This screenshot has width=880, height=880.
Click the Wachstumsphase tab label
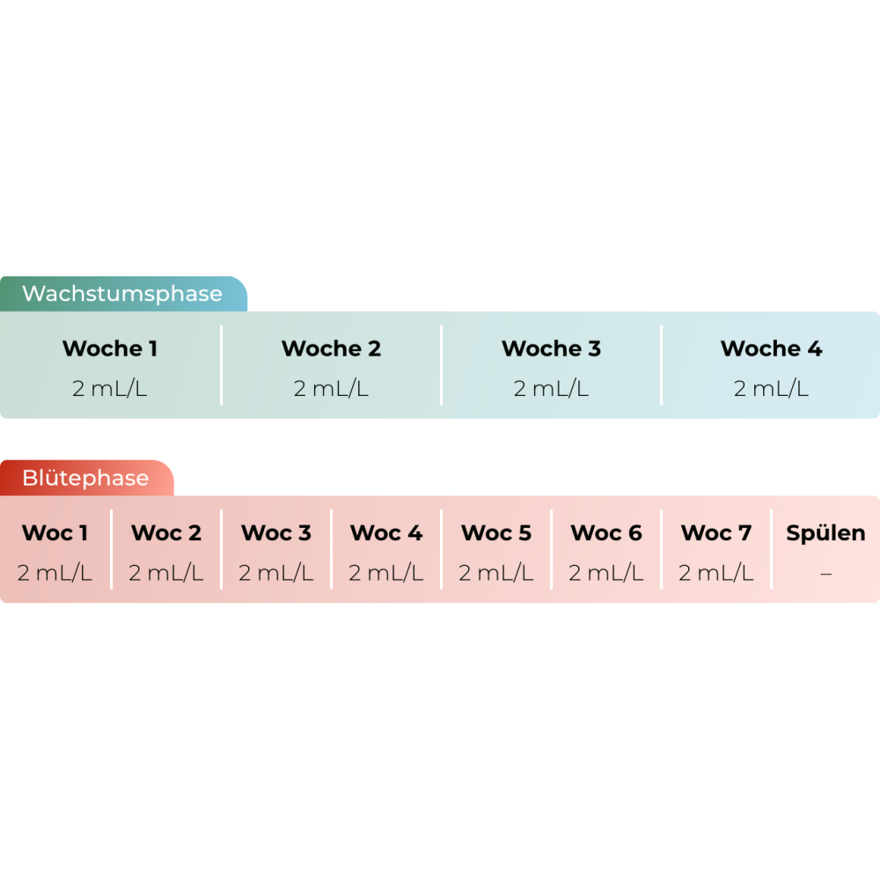click(122, 294)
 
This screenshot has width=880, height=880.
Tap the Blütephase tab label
click(85, 479)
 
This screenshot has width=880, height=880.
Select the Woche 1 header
click(110, 348)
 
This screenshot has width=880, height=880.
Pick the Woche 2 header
click(331, 348)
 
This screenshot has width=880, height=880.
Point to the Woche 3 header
click(551, 348)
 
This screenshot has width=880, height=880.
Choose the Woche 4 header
click(771, 348)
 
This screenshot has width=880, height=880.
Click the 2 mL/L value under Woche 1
click(110, 389)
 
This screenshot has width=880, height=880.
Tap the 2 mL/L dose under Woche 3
click(551, 389)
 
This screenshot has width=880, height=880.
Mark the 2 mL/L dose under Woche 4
click(771, 389)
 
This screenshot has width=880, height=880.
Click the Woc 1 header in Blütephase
click(55, 533)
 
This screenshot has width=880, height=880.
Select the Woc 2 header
click(165, 533)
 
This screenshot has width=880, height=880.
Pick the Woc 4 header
click(386, 533)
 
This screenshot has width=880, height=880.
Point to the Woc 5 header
click(496, 533)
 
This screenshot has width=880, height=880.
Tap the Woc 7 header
click(716, 533)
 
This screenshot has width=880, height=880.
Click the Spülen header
click(825, 533)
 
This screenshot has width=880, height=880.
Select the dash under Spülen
click(825, 574)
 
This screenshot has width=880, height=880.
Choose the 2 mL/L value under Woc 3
click(275, 574)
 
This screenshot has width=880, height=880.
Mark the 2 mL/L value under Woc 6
click(605, 574)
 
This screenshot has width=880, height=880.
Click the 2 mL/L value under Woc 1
click(55, 574)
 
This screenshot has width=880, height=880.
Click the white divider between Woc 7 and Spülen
click(772, 549)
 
